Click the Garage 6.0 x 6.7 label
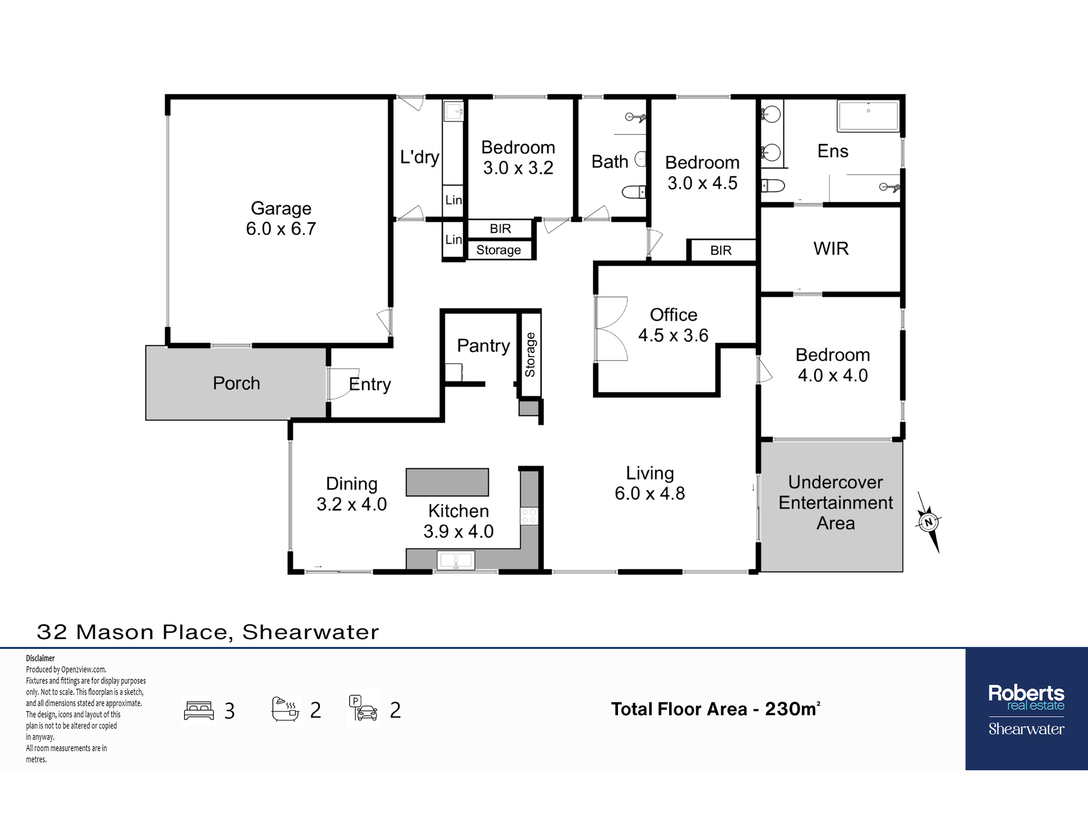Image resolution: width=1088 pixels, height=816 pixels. point(281,218)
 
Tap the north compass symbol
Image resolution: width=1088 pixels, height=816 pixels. point(929,523)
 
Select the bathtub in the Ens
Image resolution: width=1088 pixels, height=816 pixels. point(868,116)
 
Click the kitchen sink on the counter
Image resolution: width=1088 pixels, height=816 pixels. point(456,560)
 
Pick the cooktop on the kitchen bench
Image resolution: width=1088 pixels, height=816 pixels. point(529,516)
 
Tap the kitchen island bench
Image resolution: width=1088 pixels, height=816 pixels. point(447,482)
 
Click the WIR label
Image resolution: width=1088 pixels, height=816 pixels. point(831,249)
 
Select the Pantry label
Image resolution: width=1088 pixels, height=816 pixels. point(483,346)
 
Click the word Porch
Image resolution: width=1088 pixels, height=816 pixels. point(236,384)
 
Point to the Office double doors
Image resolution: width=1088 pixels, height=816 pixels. point(611,329)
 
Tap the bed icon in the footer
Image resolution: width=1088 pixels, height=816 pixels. point(199,710)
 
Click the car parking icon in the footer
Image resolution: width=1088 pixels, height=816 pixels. point(363,708)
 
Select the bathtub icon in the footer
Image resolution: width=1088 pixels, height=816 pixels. point(285,709)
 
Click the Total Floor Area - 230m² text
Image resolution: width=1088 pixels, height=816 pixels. point(715,708)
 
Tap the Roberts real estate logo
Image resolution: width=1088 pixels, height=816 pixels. point(1026,709)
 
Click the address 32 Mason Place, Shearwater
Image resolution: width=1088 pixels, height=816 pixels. point(208,632)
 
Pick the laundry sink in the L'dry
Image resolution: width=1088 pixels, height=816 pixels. point(453,112)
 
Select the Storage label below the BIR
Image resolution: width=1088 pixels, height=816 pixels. point(498,250)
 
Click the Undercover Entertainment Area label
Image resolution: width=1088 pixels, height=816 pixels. point(836,503)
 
